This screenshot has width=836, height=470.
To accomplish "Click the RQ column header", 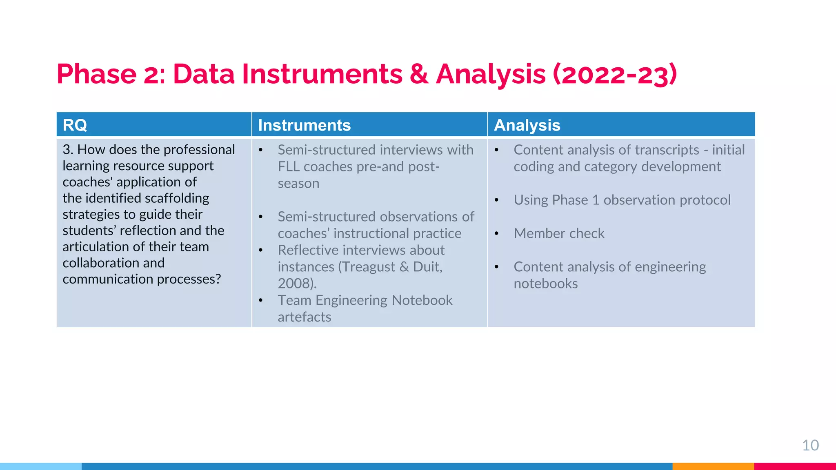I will point(75,125).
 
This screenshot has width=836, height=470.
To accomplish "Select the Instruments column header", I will point(304,125).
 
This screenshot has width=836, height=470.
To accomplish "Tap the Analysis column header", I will point(527,125).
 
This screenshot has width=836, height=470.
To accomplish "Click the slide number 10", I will point(810,445).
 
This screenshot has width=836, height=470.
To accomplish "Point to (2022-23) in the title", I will point(614,74).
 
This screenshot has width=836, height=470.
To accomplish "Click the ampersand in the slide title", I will point(419,74).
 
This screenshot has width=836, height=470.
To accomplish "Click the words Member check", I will point(559,233).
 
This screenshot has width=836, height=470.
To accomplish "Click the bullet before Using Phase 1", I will point(496,200).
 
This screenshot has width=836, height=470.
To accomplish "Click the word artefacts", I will point(304,317).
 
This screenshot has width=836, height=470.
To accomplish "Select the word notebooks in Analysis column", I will point(545,284).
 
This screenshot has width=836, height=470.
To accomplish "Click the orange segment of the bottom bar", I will point(713,466).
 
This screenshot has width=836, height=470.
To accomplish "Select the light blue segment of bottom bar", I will point(41,466).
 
